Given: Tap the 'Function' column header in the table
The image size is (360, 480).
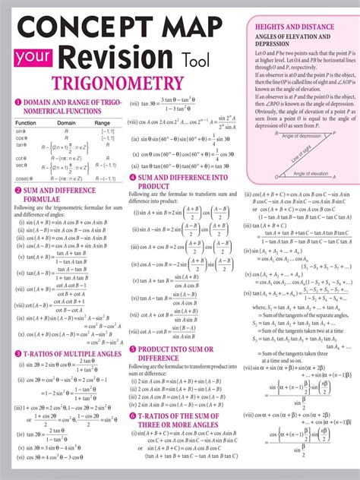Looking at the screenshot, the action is coord(24,122).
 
